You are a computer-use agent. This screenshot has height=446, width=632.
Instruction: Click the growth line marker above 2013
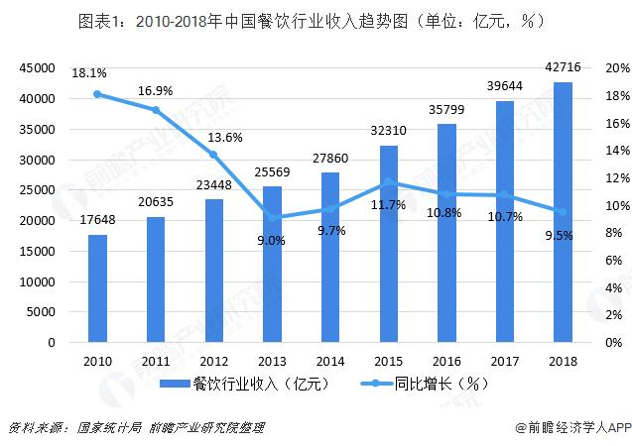point(272,218)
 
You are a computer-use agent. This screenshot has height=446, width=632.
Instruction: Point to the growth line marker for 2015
point(388,182)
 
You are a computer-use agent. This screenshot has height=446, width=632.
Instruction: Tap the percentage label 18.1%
point(89,72)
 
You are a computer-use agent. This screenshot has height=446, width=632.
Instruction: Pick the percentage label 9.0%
point(272,240)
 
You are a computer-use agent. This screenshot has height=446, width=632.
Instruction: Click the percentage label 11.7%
point(388,205)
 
